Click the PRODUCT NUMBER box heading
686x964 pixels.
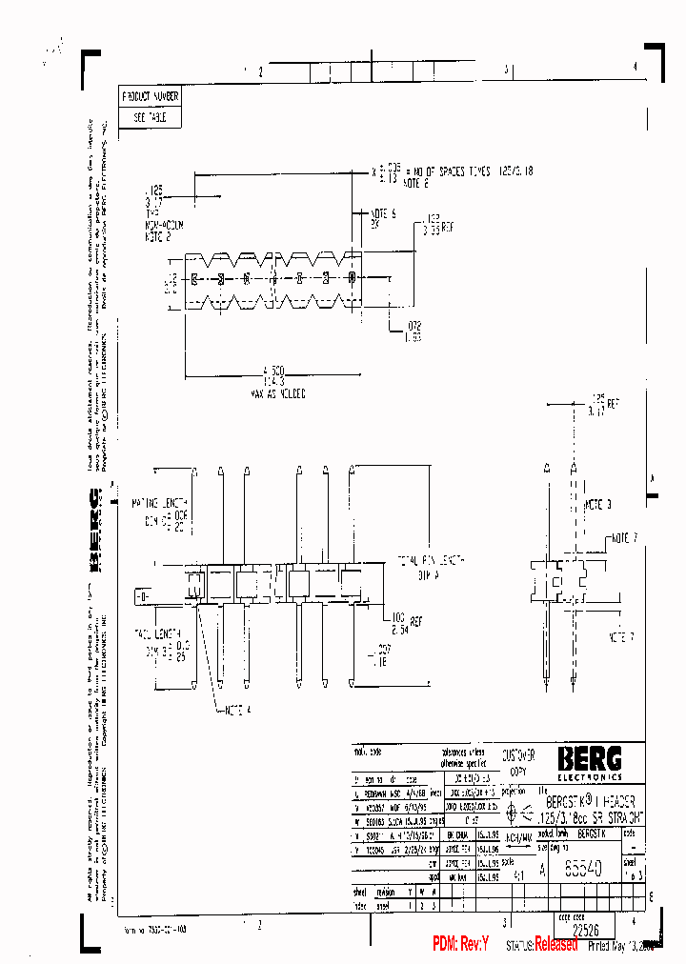149,96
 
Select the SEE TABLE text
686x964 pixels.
149,118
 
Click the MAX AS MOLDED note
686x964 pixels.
276,392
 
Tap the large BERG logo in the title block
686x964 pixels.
590,758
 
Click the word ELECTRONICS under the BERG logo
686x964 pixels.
590,776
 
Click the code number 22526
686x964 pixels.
586,929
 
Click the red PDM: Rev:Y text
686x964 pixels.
460,944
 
